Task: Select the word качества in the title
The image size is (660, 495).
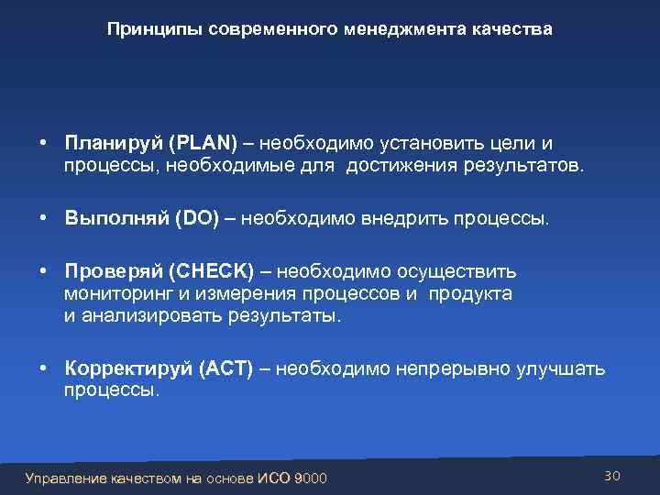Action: pyautogui.click(x=512, y=30)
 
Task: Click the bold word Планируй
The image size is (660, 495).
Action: pyautogui.click(x=114, y=144)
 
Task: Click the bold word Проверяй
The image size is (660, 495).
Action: pyautogui.click(x=115, y=273)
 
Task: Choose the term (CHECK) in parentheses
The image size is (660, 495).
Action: pyautogui.click(x=213, y=273)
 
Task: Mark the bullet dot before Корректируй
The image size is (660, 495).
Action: pyautogui.click(x=44, y=369)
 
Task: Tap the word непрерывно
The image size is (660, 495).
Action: pyautogui.click(x=444, y=369)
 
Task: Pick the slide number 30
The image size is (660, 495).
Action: pyautogui.click(x=612, y=476)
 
